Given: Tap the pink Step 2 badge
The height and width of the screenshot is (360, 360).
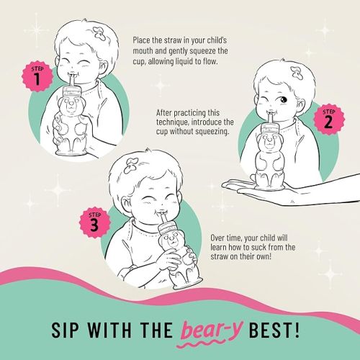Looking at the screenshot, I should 328,120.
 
